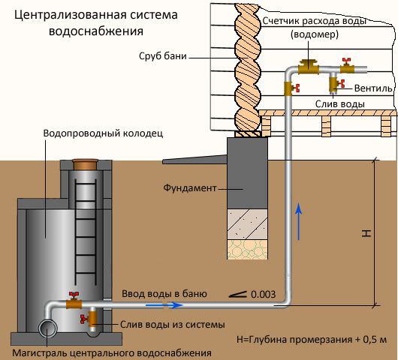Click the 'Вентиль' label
click(372, 88)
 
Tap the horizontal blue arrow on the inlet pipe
click(164, 306)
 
